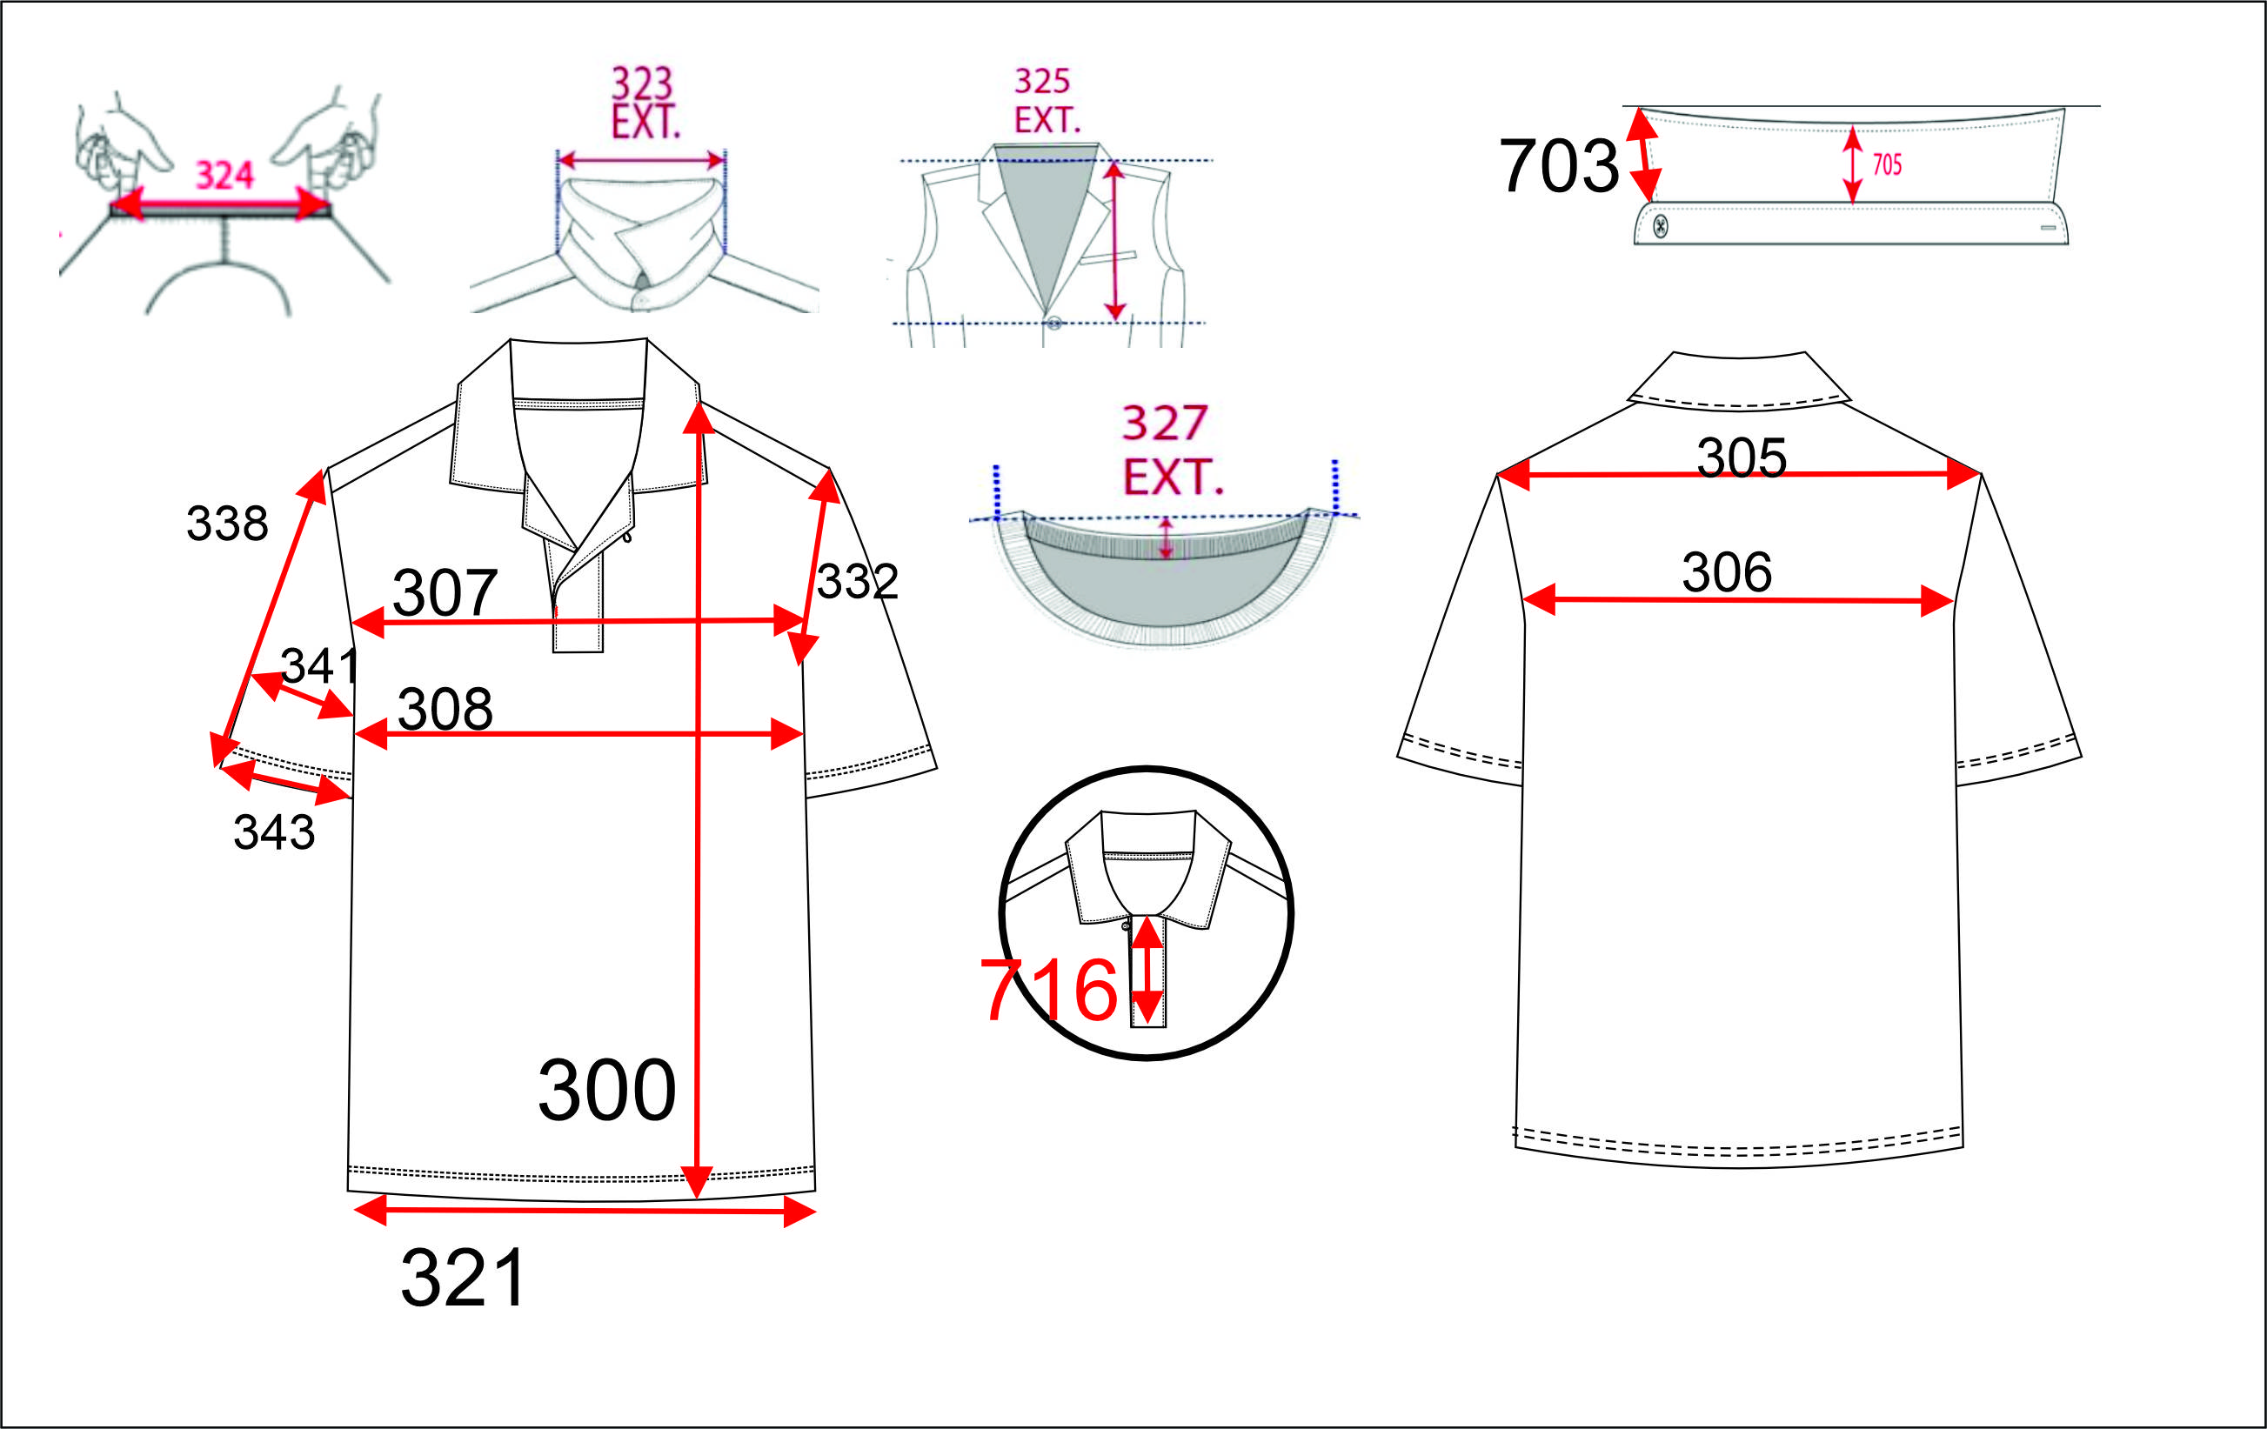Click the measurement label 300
coord(607,1090)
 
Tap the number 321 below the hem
coord(463,1278)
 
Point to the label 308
coord(445,709)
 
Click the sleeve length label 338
coord(227,524)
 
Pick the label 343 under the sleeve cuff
coord(274,832)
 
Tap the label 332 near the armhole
coord(857,582)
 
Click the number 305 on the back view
coord(1742,457)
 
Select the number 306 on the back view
coord(1727,572)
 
